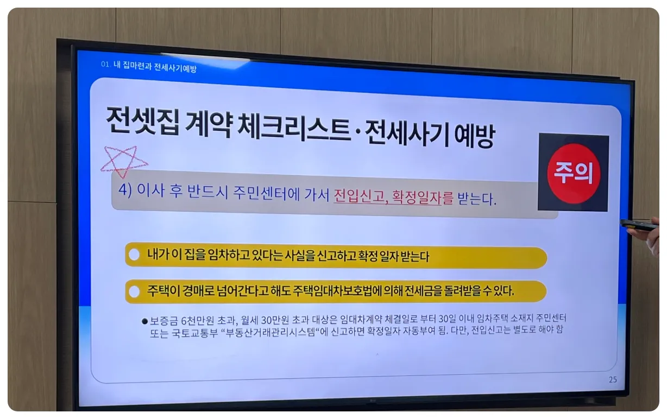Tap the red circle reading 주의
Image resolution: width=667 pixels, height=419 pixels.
[573, 173]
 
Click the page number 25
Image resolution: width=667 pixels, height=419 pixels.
[612, 380]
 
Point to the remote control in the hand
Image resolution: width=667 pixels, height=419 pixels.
[638, 225]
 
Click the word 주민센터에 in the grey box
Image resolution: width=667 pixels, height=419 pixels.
[269, 193]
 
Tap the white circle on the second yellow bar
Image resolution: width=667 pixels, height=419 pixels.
[134, 290]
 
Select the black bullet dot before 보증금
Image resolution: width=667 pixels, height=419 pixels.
[144, 321]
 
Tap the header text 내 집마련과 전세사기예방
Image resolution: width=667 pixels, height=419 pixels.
[155, 67]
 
